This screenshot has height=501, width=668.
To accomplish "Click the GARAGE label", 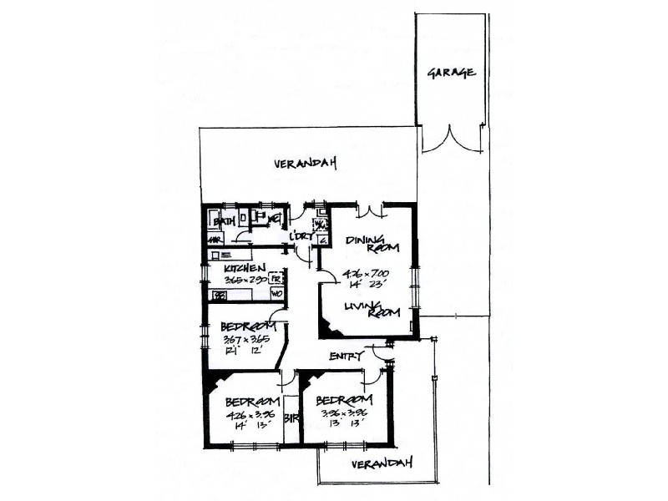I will pos(452,73).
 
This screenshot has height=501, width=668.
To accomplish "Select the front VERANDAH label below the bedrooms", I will pos(381,463).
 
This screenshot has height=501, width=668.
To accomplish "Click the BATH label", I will pos(223,221).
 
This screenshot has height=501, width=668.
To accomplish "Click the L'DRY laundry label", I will pos(301,238).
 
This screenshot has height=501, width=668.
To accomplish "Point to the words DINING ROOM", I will pos(370,243).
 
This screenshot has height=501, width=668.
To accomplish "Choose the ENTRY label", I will pos(346,357).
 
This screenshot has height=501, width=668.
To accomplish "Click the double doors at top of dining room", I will pos(369,208).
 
